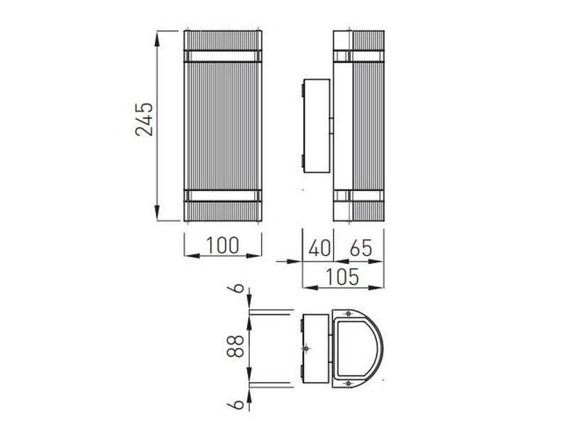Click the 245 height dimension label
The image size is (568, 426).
144,119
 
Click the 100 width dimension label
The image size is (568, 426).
222,245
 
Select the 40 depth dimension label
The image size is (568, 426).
319,248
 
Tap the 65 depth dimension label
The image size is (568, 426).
361,248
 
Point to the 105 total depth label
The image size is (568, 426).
342,277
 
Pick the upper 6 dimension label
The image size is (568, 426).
238,288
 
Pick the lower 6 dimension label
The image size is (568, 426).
238,404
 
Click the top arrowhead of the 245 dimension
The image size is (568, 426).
157,39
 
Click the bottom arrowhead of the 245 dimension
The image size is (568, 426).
157,213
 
